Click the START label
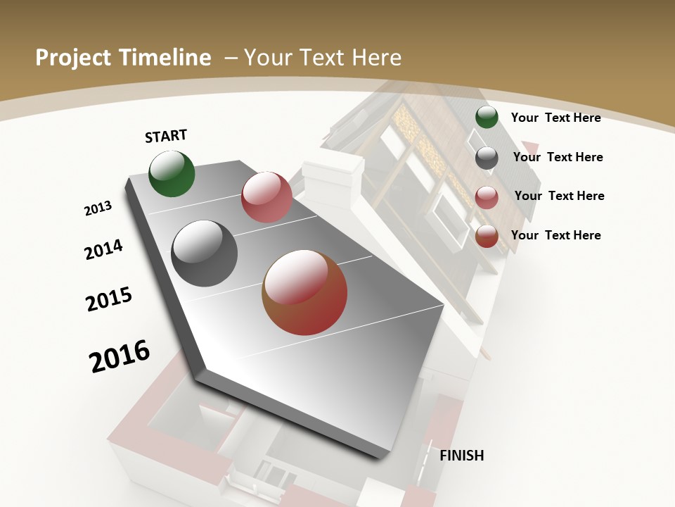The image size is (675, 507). (166, 136)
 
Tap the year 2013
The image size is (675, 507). (98, 208)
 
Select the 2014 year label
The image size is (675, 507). (103, 249)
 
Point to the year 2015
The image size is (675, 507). (109, 299)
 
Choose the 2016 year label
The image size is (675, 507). (120, 356)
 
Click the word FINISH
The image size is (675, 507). (461, 456)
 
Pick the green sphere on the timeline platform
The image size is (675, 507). (172, 173)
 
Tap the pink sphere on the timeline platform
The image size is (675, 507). (266, 196)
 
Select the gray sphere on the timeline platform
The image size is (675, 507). (204, 254)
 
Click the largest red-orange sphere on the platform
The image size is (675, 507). (304, 292)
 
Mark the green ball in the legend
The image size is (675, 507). (487, 118)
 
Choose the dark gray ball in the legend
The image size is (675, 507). (487, 158)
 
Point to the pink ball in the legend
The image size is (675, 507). (487, 197)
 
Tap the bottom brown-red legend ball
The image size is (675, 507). (487, 236)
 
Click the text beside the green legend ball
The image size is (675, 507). (555, 118)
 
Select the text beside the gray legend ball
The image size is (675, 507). (558, 157)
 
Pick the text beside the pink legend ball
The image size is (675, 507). (559, 196)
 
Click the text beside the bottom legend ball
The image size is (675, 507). (555, 235)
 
